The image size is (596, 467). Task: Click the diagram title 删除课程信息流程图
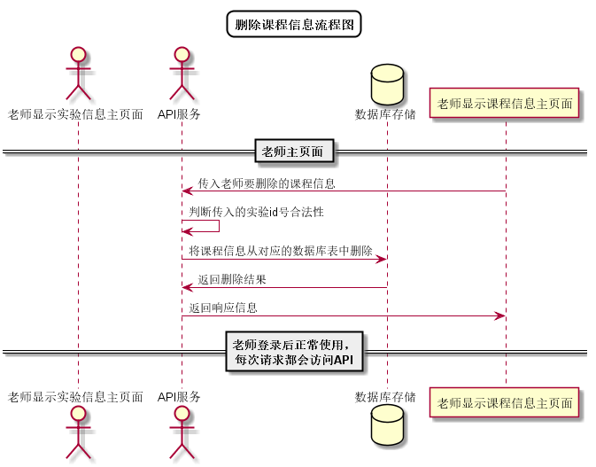294,24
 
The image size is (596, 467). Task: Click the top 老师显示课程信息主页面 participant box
505,104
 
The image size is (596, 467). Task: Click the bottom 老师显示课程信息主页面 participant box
505,402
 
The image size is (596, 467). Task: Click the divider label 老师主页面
294,152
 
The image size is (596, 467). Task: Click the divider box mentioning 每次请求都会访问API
294,352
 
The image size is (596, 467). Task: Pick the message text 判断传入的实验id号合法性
256,213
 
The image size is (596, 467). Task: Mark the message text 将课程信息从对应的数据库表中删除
280,252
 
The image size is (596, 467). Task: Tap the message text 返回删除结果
232,280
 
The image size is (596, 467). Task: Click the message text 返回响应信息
223,308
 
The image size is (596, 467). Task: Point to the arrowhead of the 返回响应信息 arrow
499,315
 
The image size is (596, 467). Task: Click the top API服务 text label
180,114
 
